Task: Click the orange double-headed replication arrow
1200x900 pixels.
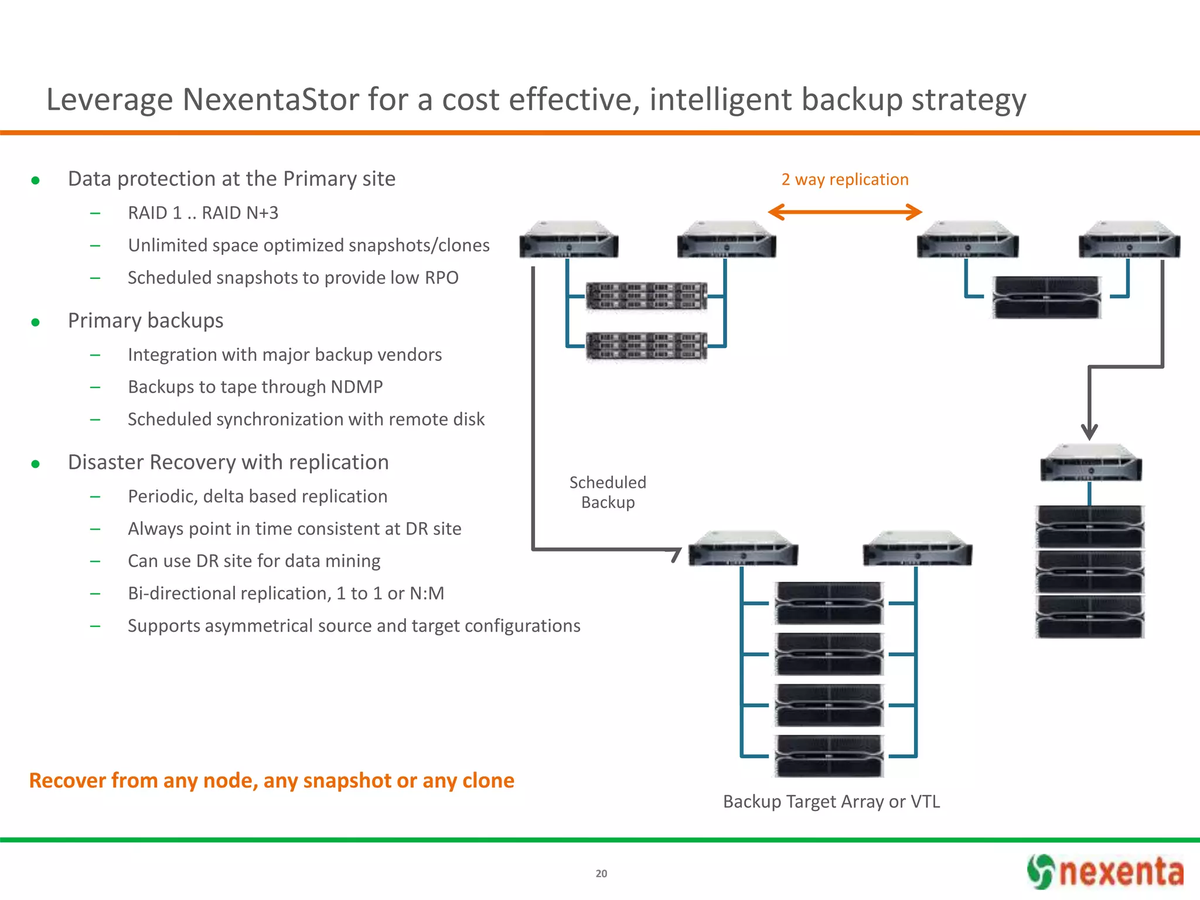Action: pyautogui.click(x=845, y=212)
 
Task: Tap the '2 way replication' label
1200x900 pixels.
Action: pyautogui.click(x=845, y=179)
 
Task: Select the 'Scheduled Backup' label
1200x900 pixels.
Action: pyautogui.click(x=608, y=492)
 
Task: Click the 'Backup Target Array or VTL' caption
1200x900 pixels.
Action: pyautogui.click(x=831, y=801)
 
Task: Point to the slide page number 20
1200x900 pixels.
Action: pyautogui.click(x=601, y=874)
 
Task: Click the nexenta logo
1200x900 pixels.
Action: pyautogui.click(x=1105, y=871)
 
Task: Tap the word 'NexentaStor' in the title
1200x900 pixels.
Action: pyautogui.click(x=271, y=100)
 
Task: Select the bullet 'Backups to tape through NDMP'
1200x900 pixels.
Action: pyautogui.click(x=255, y=387)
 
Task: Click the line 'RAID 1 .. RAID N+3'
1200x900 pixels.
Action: pyautogui.click(x=203, y=213)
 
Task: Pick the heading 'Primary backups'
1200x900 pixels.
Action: pyautogui.click(x=145, y=321)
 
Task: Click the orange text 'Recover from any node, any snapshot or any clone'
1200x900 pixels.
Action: pyautogui.click(x=271, y=780)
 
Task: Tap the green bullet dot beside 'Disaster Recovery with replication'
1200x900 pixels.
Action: pyautogui.click(x=36, y=464)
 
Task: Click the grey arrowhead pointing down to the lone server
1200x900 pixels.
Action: pyautogui.click(x=1089, y=433)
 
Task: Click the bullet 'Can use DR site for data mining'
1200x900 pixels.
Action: pyautogui.click(x=254, y=561)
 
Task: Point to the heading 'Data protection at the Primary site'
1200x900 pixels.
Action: pyautogui.click(x=231, y=179)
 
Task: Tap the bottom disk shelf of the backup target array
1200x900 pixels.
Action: pyautogui.click(x=829, y=756)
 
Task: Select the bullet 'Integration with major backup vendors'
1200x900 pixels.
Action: pyautogui.click(x=285, y=354)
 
